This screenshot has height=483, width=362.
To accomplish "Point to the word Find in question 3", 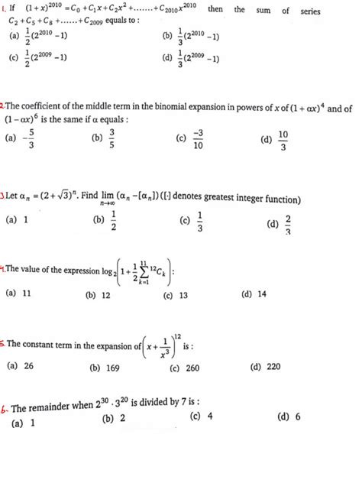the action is pyautogui.click(x=93, y=200).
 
